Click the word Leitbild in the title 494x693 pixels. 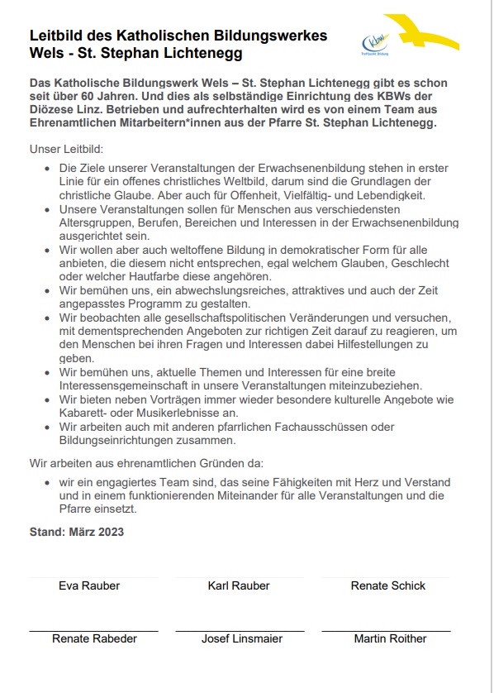click(x=55, y=36)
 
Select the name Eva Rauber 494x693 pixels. click(x=89, y=585)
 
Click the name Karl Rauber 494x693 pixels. click(x=239, y=585)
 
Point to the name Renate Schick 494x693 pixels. click(x=387, y=585)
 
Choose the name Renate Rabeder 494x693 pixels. click(x=94, y=638)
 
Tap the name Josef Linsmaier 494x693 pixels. click(x=242, y=638)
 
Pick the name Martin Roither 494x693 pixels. click(x=390, y=638)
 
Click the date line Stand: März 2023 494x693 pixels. click(x=76, y=532)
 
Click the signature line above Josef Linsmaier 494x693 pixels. click(x=242, y=629)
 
